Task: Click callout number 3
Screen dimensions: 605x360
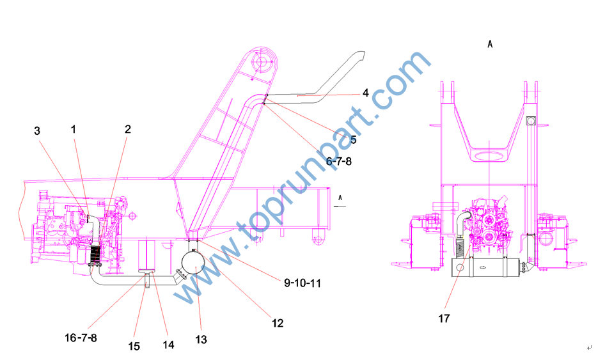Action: coord(37,131)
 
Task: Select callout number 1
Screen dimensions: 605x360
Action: coord(74,129)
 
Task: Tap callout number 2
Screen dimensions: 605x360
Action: coord(128,129)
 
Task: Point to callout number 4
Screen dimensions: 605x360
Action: coord(365,93)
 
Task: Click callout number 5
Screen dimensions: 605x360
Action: coord(354,139)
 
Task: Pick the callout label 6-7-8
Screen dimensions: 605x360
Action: coord(339,161)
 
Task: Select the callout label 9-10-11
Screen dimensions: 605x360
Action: coord(302,283)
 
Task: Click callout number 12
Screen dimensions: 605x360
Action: coord(278,323)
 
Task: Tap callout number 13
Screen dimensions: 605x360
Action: coord(201,340)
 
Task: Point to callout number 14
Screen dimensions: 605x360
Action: coord(168,345)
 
